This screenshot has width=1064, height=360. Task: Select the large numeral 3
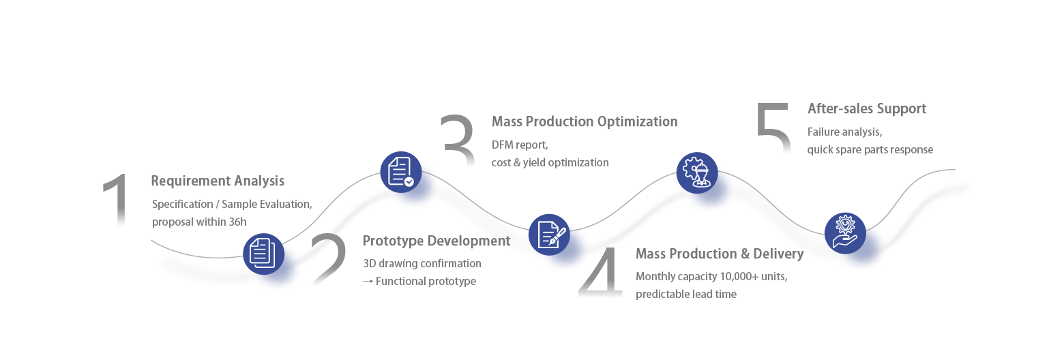tap(458, 140)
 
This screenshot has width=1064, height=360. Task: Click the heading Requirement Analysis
tap(218, 181)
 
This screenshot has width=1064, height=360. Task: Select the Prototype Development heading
tap(437, 241)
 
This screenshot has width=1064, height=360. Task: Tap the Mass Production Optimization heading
tap(585, 122)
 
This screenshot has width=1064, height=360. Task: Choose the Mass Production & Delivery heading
tap(719, 254)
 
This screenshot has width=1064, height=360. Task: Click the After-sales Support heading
tap(866, 109)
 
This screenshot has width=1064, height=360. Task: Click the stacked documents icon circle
tap(263, 253)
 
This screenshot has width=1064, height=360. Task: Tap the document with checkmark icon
tap(400, 171)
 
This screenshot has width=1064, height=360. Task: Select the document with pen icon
tap(549, 234)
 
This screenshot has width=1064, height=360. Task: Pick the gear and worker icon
tap(696, 171)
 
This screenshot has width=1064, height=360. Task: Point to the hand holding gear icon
tap(844, 232)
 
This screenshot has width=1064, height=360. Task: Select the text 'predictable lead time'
tap(686, 295)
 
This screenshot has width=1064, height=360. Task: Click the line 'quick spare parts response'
tap(870, 150)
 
